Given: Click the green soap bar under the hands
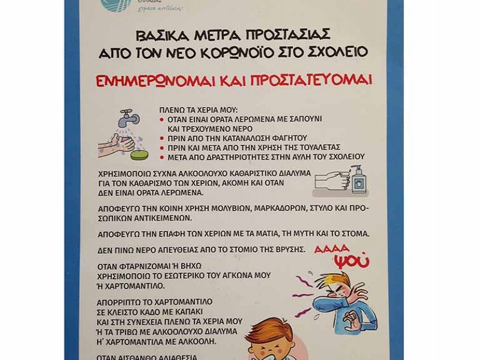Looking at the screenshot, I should pyautogui.click(x=140, y=155).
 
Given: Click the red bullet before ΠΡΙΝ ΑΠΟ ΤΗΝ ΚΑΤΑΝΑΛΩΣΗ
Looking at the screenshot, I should pyautogui.click(x=162, y=137).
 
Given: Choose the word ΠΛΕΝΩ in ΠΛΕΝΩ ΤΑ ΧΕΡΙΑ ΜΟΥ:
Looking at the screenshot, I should pyautogui.click(x=173, y=110).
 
